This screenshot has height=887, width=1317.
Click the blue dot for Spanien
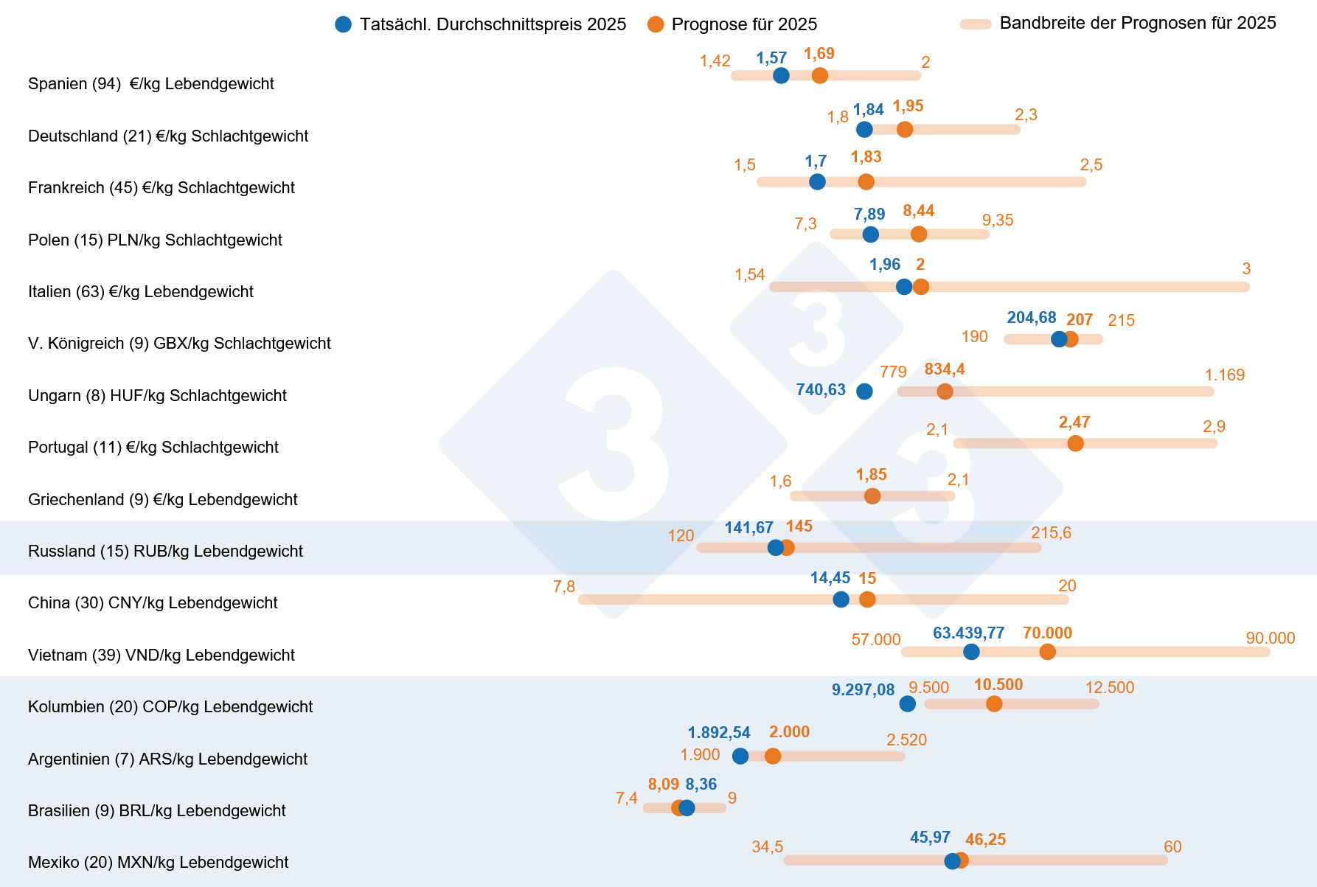click(x=781, y=75)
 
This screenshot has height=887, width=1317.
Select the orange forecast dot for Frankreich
click(x=866, y=181)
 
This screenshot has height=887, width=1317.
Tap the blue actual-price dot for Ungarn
click(x=864, y=392)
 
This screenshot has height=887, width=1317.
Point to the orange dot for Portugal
click(x=1075, y=443)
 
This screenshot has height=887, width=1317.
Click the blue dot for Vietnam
click(x=971, y=652)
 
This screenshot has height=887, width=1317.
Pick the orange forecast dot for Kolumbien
click(x=994, y=703)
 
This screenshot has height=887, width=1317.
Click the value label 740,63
click(x=821, y=389)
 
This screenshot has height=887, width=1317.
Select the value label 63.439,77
click(x=968, y=633)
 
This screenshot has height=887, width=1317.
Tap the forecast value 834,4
click(x=945, y=369)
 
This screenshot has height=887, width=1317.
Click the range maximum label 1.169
click(x=1225, y=375)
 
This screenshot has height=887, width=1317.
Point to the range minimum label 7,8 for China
click(x=564, y=587)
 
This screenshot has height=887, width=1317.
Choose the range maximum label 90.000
click(x=1270, y=638)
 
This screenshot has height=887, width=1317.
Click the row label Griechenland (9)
click(x=162, y=499)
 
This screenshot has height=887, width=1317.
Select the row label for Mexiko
click(x=158, y=862)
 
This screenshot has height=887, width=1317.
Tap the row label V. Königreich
click(x=179, y=343)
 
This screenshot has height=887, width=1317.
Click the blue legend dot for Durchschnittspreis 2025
click(x=343, y=24)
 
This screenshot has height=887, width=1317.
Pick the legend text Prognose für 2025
click(x=744, y=24)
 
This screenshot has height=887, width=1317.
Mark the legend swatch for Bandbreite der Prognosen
click(x=975, y=24)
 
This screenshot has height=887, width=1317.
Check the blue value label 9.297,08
click(x=863, y=690)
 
